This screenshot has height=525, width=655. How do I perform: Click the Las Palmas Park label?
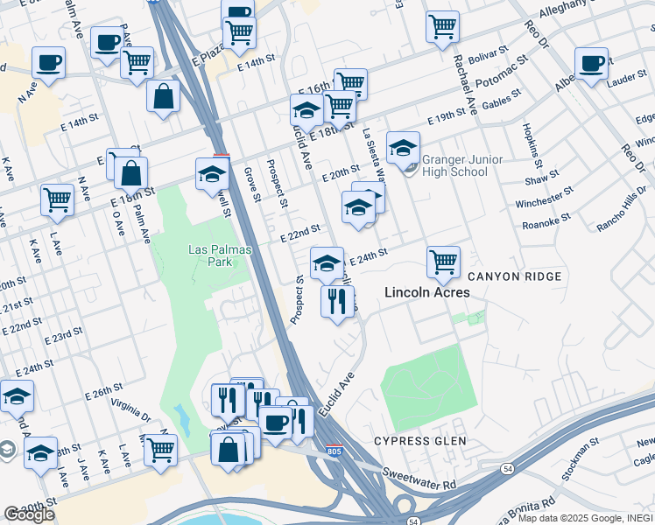(x=221, y=255)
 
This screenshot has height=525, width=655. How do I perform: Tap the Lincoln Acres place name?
(x=427, y=293)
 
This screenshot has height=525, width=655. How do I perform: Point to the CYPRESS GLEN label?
(x=420, y=440)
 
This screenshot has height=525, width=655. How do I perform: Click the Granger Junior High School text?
(x=454, y=165)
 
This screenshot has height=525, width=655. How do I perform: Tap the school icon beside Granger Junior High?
(x=404, y=148)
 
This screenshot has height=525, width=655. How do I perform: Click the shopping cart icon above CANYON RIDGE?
(x=444, y=261)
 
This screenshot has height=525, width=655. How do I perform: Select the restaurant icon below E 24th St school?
(x=337, y=302)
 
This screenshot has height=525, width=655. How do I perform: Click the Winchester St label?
(x=544, y=197)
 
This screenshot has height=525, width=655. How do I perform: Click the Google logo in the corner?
(x=29, y=514)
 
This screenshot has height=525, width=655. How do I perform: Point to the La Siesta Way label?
(x=375, y=157)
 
